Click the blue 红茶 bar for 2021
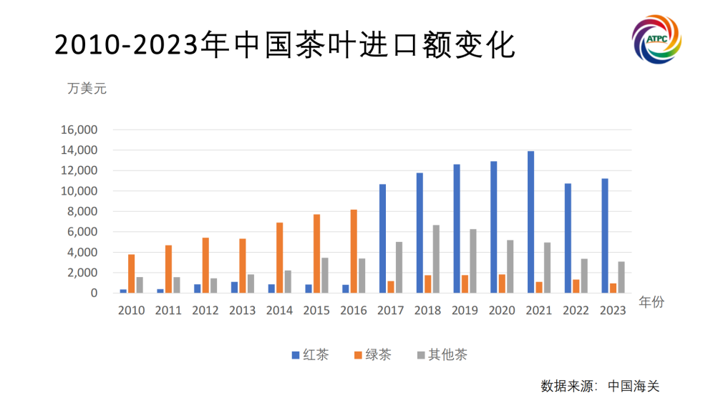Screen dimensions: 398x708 [x=530, y=222]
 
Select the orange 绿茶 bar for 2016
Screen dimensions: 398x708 [x=354, y=251]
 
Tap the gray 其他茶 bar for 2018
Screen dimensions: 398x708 [x=436, y=258]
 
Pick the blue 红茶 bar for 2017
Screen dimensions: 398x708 [x=383, y=238]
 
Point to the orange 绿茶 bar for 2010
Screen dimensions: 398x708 [x=132, y=273]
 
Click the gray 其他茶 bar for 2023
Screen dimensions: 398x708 [x=621, y=277]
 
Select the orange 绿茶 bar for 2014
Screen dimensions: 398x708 [x=280, y=258]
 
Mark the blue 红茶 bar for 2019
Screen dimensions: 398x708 [x=457, y=228]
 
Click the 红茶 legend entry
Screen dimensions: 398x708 [x=309, y=355]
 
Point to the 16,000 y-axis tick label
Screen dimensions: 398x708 [x=79, y=130]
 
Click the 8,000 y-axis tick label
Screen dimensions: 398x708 [x=82, y=212]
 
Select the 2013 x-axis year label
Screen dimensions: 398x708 [x=243, y=311]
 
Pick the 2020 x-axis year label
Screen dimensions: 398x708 [x=501, y=311]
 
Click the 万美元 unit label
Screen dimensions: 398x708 [x=87, y=89]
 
